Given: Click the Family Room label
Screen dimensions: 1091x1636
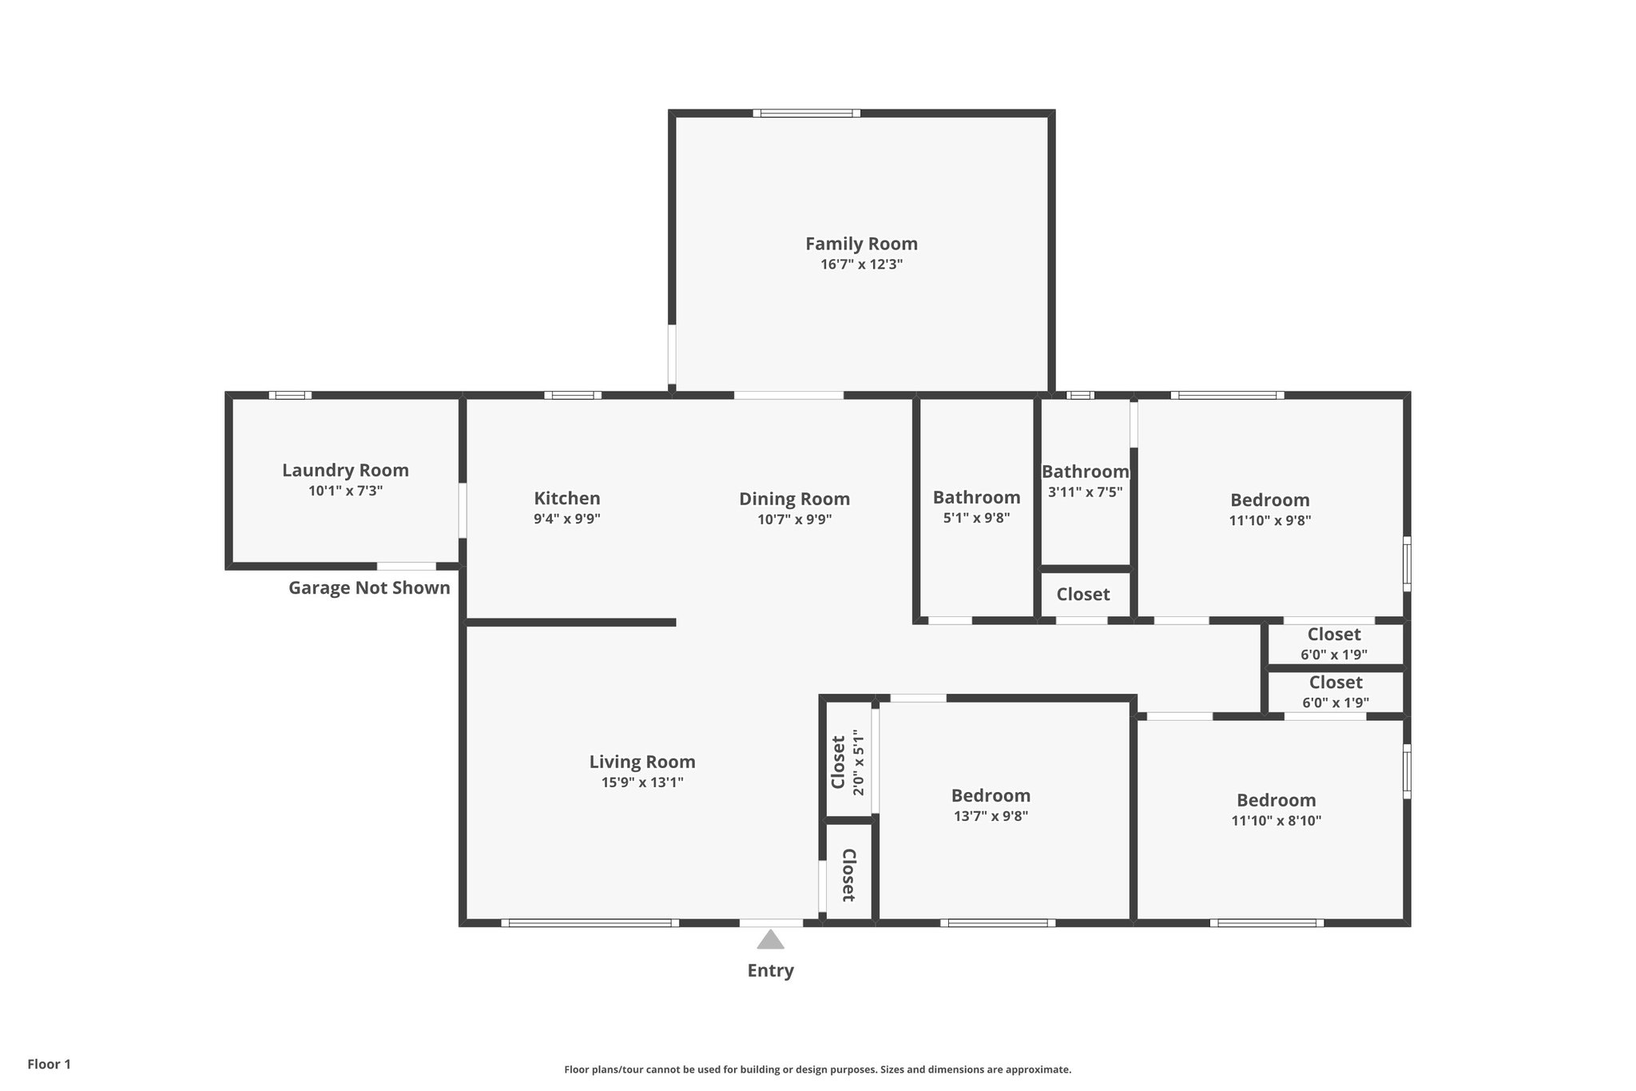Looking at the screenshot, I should tap(861, 244).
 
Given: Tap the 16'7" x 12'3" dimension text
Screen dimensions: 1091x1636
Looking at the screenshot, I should tap(861, 265).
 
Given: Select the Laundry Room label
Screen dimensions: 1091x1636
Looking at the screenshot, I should tap(345, 470).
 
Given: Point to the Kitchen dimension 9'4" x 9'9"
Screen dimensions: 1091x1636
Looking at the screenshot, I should tap(567, 519).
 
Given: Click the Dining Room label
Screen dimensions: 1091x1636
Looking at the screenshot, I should tap(794, 499).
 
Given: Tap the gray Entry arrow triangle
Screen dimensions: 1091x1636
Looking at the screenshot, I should tap(770, 940).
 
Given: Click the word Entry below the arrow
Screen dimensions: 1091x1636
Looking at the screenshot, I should tap(770, 970).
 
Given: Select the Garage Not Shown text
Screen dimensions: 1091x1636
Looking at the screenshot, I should tap(369, 588).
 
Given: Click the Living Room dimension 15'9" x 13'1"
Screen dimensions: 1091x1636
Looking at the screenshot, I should tap(642, 782).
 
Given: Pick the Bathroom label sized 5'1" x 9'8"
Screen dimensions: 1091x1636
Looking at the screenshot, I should tap(976, 497).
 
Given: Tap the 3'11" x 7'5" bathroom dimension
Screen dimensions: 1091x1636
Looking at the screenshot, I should tap(1085, 492).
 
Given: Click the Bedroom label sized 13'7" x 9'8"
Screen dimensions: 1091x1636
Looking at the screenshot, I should tap(991, 795).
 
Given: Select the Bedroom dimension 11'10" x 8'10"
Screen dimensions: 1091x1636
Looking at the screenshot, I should tap(1277, 821).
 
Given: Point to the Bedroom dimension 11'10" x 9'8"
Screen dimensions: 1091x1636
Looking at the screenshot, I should tap(1270, 520).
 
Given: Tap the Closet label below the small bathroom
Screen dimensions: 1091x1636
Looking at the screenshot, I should tap(1083, 594).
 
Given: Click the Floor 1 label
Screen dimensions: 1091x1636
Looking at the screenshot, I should tap(50, 1064).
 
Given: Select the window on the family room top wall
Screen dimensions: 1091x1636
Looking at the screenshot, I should tap(807, 113).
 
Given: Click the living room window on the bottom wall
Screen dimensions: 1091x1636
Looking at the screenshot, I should tap(590, 923).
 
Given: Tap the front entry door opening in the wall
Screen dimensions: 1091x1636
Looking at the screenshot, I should tap(771, 923).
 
